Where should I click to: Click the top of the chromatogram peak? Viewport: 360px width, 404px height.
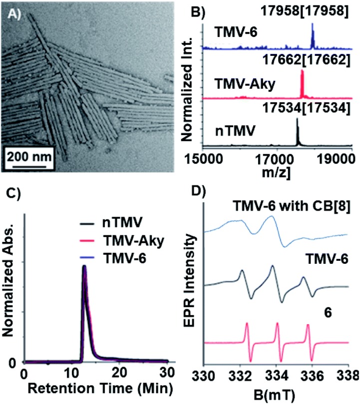point(84,266)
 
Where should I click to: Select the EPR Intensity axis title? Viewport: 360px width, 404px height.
point(197,289)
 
